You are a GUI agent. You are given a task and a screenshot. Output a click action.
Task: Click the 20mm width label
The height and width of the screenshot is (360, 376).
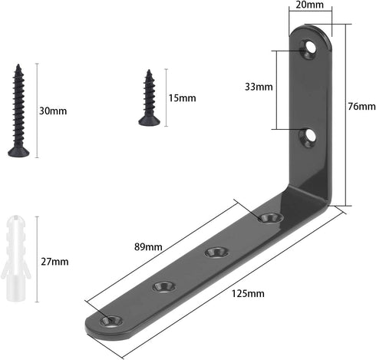click(x=310, y=5)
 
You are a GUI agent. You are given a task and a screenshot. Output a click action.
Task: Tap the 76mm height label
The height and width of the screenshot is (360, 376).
click(x=361, y=107)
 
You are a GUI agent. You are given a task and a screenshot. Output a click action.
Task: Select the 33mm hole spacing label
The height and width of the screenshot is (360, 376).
click(x=259, y=87)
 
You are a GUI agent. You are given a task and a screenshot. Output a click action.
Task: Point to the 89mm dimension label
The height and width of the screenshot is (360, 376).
click(x=148, y=247)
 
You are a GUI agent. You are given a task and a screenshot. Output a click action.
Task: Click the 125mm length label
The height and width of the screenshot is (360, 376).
click(x=248, y=293)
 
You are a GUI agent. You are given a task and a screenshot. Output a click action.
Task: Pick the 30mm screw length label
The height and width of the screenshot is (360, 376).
click(x=53, y=111)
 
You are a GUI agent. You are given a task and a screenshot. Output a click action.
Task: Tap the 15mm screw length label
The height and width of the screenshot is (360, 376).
click(x=182, y=98)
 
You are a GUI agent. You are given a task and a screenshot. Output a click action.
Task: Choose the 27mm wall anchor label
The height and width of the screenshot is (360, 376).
click(x=54, y=262)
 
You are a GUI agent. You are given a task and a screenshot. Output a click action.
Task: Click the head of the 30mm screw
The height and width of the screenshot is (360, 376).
click(x=18, y=152)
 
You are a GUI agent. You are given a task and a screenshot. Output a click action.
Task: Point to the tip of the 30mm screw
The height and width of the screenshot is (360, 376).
click(x=18, y=64)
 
